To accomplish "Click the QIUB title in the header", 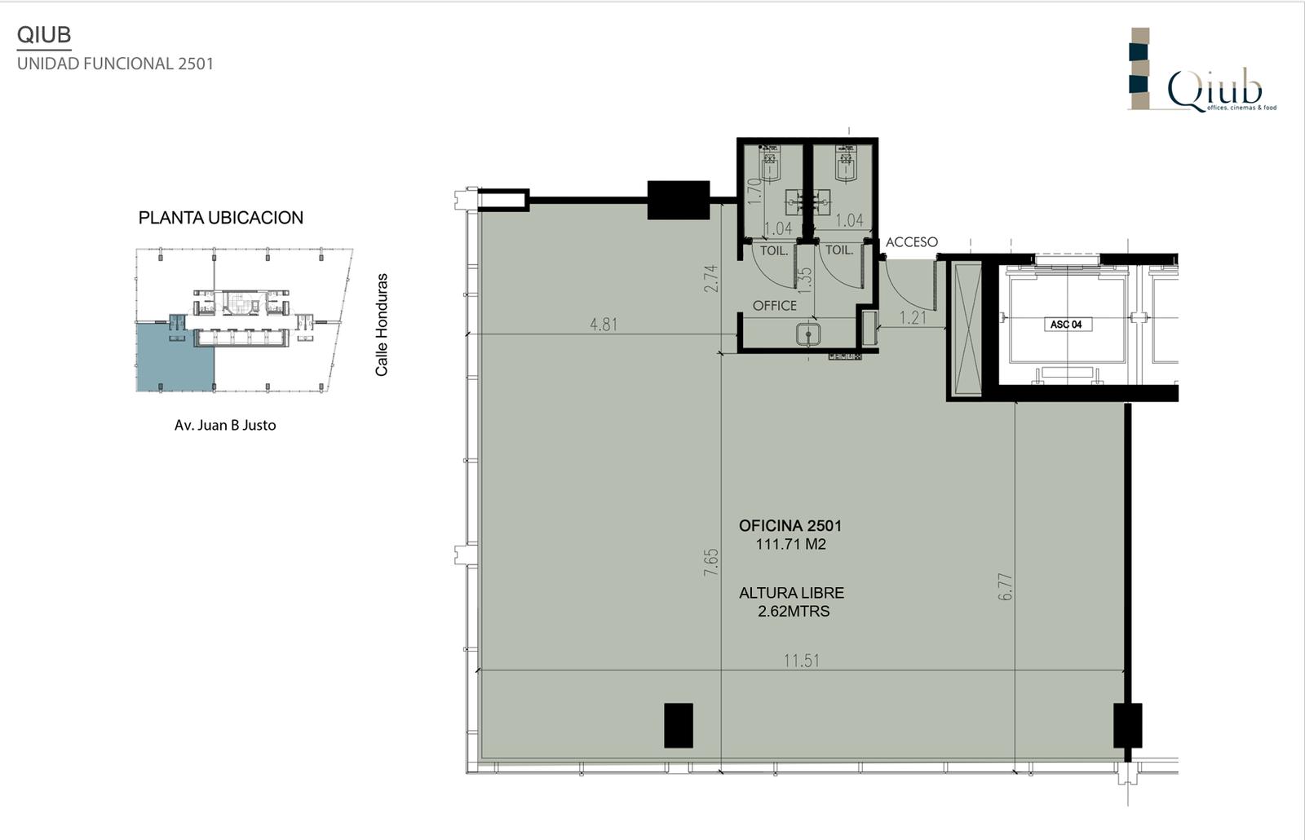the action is [x=44, y=35].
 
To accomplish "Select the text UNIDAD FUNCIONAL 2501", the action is [x=115, y=64].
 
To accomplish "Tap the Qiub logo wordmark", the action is [x=1214, y=91].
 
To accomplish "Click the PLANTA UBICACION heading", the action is [x=221, y=218].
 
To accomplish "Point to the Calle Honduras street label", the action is [x=382, y=325].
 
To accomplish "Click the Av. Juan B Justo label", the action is [x=225, y=425].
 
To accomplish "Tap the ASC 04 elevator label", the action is [x=1066, y=325].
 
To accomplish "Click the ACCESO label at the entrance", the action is [x=912, y=241].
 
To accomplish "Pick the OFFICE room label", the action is [x=774, y=306].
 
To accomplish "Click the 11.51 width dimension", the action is [x=801, y=661].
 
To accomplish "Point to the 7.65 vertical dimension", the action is [x=711, y=563].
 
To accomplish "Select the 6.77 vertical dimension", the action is [x=1006, y=586].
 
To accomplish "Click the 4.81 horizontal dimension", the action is [x=604, y=325].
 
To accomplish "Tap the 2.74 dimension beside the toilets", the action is [x=711, y=278].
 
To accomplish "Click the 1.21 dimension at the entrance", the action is [x=913, y=317].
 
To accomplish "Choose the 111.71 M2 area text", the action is [x=790, y=544].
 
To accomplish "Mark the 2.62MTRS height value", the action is [x=794, y=611].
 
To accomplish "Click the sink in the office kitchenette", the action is [x=808, y=334].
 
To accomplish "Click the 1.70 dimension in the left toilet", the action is [x=754, y=191].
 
